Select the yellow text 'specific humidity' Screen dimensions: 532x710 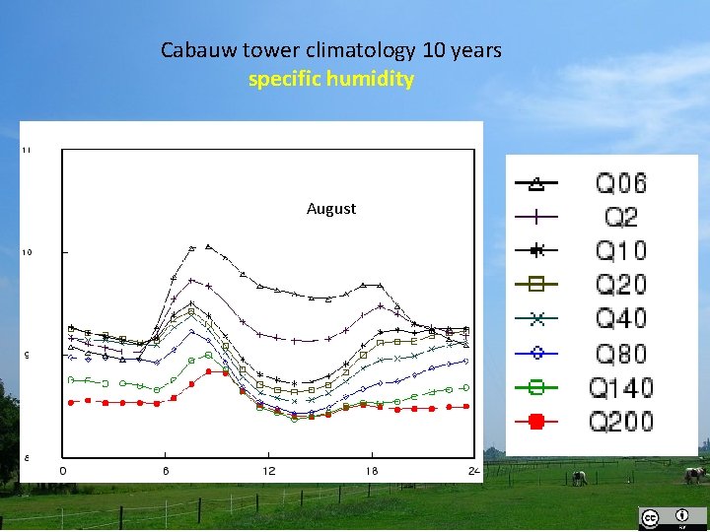(331, 79)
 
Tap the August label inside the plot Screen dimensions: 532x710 (331, 209)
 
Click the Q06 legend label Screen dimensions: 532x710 (621, 183)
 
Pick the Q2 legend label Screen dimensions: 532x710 (621, 217)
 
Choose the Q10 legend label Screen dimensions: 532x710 (621, 250)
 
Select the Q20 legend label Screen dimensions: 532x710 (621, 285)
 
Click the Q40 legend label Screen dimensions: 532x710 (621, 318)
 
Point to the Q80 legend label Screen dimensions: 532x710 (621, 353)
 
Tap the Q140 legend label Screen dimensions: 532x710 (621, 387)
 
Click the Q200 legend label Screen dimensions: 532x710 (621, 422)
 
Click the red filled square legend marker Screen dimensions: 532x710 (536, 422)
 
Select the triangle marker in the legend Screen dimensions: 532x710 (536, 183)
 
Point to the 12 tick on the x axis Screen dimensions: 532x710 (268, 471)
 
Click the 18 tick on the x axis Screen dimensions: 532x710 (371, 471)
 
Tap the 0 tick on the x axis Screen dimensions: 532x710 (63, 471)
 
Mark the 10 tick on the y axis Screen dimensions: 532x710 (27, 252)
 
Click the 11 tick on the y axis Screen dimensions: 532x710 (27, 150)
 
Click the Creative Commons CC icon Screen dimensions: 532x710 (650, 517)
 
